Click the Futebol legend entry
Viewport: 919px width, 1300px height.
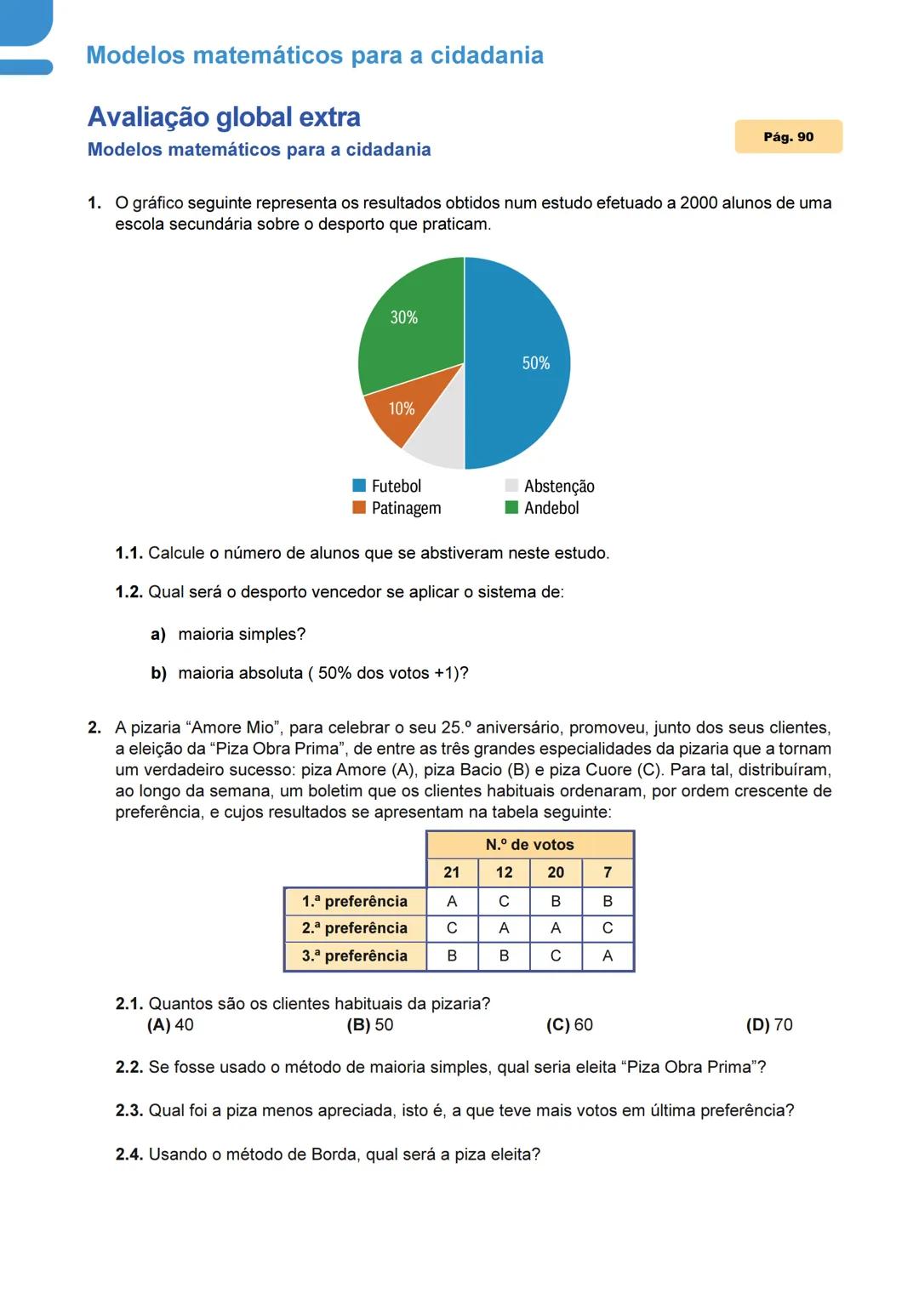[387, 486]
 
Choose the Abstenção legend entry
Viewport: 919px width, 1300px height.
[550, 486]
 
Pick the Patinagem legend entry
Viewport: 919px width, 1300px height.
[397, 508]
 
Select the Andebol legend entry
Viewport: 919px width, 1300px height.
[542, 508]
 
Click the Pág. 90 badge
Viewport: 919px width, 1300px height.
[788, 137]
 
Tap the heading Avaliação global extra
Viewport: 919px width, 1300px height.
[224, 117]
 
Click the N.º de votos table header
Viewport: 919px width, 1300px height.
[529, 845]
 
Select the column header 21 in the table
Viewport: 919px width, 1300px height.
[452, 873]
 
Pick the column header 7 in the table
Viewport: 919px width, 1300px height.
[608, 873]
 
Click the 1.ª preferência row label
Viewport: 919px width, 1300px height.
[355, 901]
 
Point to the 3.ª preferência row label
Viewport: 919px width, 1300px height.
[355, 956]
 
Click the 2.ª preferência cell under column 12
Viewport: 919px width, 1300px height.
[504, 928]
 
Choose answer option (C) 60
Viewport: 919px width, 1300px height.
[569, 1025]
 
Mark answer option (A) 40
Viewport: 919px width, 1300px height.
[170, 1025]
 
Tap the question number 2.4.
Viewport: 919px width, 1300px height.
[129, 1155]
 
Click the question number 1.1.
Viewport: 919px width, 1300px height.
[129, 553]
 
